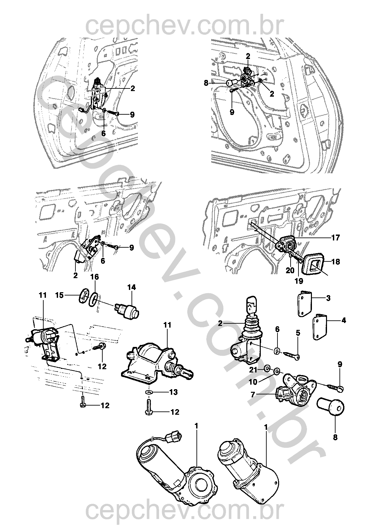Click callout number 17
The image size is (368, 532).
(335, 237)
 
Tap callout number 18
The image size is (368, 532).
(336, 262)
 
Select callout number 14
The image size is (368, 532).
(132, 287)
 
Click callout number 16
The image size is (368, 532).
(94, 277)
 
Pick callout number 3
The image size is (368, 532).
(328, 298)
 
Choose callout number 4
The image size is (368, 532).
(343, 320)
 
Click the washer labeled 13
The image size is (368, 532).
(149, 392)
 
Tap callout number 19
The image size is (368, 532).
(299, 281)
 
